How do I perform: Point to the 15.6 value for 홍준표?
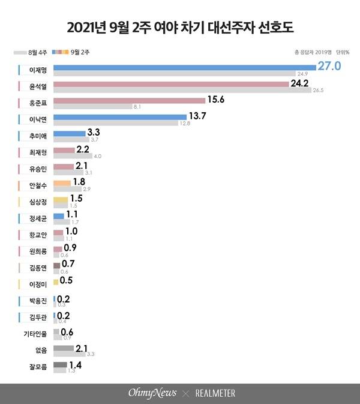[215, 100]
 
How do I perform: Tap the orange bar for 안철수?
[62, 183]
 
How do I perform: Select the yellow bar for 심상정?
[61, 200]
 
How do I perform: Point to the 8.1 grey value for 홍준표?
[136, 107]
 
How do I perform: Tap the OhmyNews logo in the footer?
[152, 393]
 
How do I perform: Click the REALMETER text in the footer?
[214, 393]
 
